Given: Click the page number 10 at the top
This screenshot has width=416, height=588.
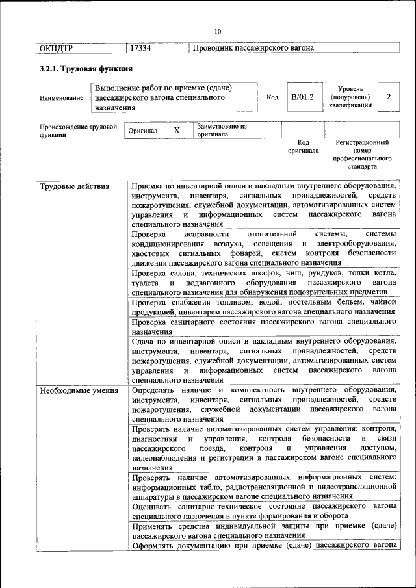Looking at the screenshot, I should (217, 31).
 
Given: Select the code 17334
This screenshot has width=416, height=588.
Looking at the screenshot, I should (141, 48).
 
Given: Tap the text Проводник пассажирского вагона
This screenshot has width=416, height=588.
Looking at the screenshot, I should (253, 48).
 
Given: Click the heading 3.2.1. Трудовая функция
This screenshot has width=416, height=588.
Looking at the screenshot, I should (81, 68).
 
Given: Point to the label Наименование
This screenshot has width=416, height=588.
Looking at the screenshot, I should (61, 98).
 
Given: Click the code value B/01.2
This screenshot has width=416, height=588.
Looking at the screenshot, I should (302, 97).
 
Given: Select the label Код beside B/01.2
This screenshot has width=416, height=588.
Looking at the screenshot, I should (273, 97).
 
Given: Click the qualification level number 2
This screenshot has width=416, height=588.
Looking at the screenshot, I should (388, 97).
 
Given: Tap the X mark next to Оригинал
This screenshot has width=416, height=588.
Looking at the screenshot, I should (176, 130).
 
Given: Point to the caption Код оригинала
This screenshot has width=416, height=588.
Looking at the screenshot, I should (303, 146).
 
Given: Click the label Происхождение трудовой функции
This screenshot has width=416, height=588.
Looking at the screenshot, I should (78, 131).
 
